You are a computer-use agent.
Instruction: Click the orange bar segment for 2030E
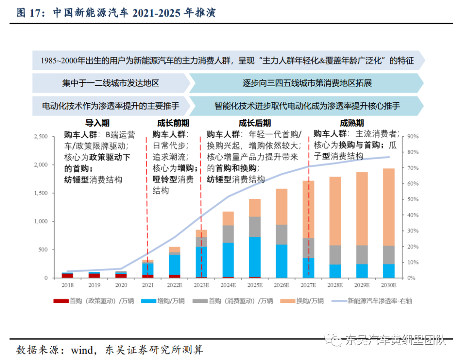pyautogui.click(x=389, y=207)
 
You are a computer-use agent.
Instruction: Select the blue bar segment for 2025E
pyautogui.click(x=254, y=257)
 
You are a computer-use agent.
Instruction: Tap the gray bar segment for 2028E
pyautogui.click(x=335, y=255)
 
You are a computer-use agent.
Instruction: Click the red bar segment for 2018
pyautogui.click(x=67, y=276)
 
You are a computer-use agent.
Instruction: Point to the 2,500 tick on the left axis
pyautogui.click(x=41, y=136)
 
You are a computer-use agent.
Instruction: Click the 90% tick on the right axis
pyautogui.click(x=413, y=136)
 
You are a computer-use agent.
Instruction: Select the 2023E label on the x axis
pyautogui.click(x=201, y=285)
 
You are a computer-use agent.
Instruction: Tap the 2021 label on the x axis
pyautogui.click(x=148, y=285)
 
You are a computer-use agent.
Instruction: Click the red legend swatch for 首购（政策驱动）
pyautogui.click(x=61, y=301)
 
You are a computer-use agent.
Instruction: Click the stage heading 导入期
pyautogui.click(x=97, y=123)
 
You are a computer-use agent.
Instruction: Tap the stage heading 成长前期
pyautogui.click(x=173, y=123)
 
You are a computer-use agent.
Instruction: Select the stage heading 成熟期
pyautogui.click(x=352, y=123)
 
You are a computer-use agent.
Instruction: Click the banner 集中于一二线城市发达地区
pyautogui.click(x=111, y=83)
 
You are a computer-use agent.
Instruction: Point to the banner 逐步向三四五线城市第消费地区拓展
pyautogui.click(x=307, y=83)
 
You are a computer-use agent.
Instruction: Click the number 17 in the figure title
pyautogui.click(x=35, y=13)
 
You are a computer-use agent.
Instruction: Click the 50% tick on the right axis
pyautogui.click(x=413, y=199)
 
